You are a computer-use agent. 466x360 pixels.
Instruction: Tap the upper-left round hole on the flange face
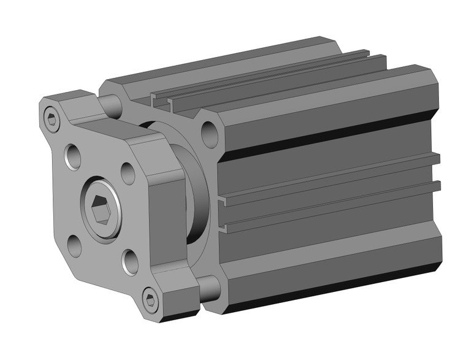(x=74, y=156)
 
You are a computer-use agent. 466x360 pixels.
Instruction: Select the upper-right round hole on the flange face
(x=128, y=173)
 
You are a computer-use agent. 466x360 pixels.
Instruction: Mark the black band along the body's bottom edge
(x=331, y=288)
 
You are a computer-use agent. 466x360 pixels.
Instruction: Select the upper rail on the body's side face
(x=331, y=178)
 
